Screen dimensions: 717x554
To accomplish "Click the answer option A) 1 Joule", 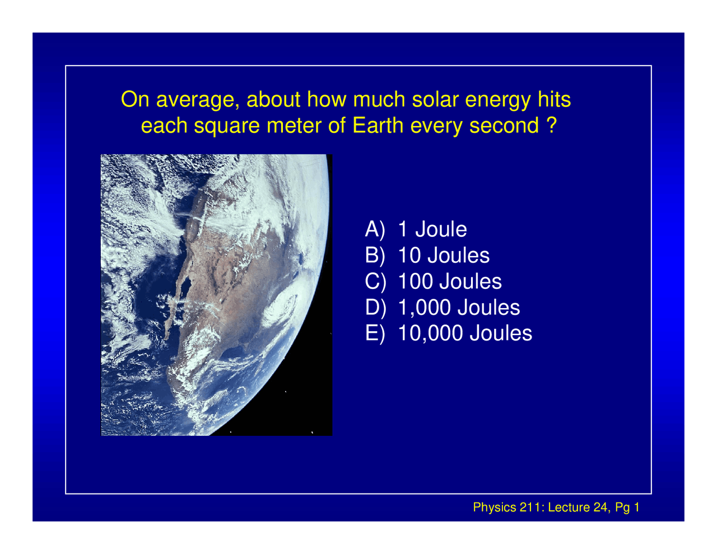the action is [x=416, y=229].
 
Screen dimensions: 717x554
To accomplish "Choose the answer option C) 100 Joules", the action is [x=433, y=281].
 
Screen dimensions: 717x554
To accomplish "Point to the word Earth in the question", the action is [x=378, y=125].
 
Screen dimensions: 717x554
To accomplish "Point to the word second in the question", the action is [x=504, y=125].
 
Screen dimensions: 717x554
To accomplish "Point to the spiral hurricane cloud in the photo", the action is [x=279, y=309].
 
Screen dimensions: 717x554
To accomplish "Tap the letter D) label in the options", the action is [x=375, y=308].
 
